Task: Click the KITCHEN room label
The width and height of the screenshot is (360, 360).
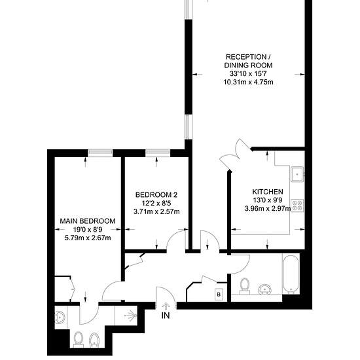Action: pos(268,192)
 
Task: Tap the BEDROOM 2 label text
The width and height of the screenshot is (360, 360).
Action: pos(156,195)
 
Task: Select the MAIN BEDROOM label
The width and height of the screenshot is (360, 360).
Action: pos(88,221)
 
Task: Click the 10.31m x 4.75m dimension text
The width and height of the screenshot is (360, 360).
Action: pos(249,82)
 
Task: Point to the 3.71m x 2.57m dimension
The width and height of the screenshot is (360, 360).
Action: pos(156,211)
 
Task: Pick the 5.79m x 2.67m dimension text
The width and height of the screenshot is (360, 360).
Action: pos(88,238)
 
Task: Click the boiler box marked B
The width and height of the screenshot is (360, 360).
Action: pos(219,295)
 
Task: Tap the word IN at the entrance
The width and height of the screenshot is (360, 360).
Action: pos(166,315)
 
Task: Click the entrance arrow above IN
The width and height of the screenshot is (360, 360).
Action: pos(165,306)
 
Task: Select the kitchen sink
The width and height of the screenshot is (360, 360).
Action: pos(297,174)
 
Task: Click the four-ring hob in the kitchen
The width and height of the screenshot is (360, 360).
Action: pos(297,206)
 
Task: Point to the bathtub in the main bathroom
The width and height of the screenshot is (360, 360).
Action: pos(291,275)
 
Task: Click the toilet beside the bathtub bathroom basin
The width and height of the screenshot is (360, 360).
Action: pos(245,286)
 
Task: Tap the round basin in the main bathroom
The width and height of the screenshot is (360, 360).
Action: pos(265,289)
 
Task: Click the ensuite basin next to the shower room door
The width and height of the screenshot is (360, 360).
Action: pos(60,317)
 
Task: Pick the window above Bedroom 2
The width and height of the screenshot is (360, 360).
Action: pos(158,153)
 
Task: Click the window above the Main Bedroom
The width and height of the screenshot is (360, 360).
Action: pos(100,153)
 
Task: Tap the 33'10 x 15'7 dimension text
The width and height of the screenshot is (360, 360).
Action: pos(249,74)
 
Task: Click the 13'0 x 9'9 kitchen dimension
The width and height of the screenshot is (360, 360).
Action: pos(268,200)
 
